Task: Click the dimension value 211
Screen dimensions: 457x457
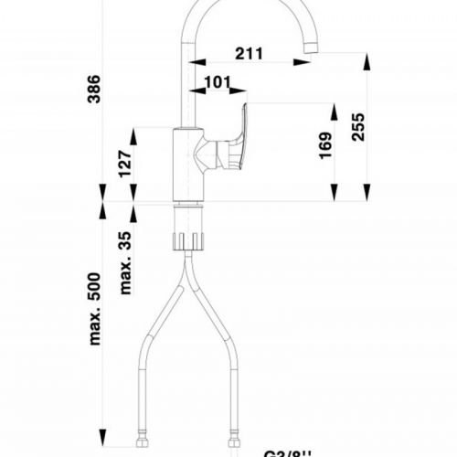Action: [244, 52]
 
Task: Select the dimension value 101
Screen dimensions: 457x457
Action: [217, 82]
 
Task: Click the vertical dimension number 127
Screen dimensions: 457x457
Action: [126, 163]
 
